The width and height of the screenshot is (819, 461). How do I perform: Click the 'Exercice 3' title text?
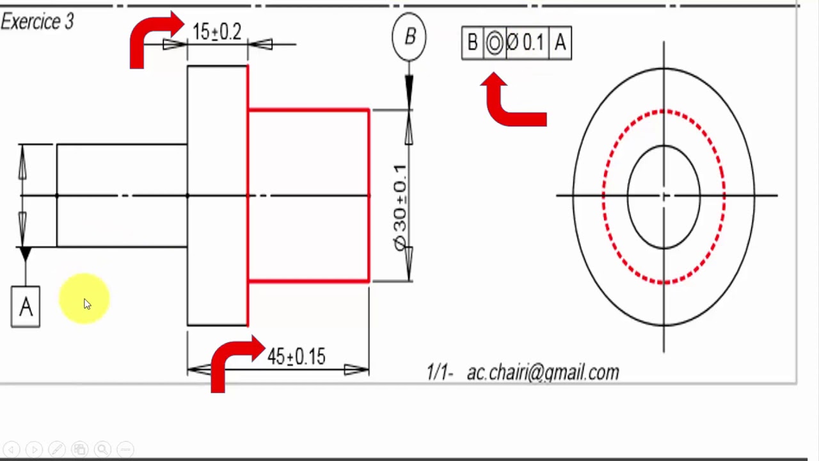pos(37,22)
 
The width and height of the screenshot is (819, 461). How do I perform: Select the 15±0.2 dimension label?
pos(217,32)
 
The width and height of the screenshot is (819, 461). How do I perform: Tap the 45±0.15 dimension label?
pos(296,357)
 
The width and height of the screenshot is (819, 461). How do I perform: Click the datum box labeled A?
pos(26,307)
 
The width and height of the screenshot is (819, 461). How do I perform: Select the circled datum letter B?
pos(409,37)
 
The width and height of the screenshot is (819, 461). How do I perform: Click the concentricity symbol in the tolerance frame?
pos(494,44)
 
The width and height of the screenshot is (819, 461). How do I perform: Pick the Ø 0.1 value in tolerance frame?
pos(526,44)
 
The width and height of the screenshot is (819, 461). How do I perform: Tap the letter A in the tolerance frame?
pos(561,44)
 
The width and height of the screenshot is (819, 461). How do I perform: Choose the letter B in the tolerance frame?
pos(472,44)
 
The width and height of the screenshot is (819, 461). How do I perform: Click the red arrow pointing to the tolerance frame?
pos(512,102)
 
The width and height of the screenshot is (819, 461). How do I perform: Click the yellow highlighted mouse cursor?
pos(85,300)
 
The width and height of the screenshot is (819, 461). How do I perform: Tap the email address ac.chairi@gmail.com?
pos(543,373)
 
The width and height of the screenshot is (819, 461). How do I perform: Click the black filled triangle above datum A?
pos(25,254)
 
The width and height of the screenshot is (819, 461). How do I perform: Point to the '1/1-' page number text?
pos(440,373)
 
